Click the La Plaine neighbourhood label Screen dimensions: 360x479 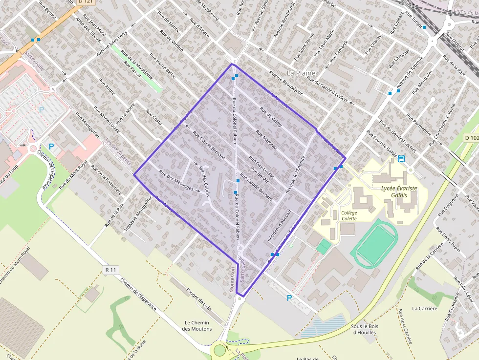[301, 73]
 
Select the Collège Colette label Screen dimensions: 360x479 [349, 215]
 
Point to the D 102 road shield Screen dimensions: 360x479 [471, 138]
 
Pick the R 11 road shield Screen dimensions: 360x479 [111, 270]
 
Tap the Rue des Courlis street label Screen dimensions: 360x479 [204, 181]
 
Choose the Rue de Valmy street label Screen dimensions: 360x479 [271, 117]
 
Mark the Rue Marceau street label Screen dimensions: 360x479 [266, 141]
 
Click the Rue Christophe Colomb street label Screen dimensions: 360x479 [442, 125]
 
